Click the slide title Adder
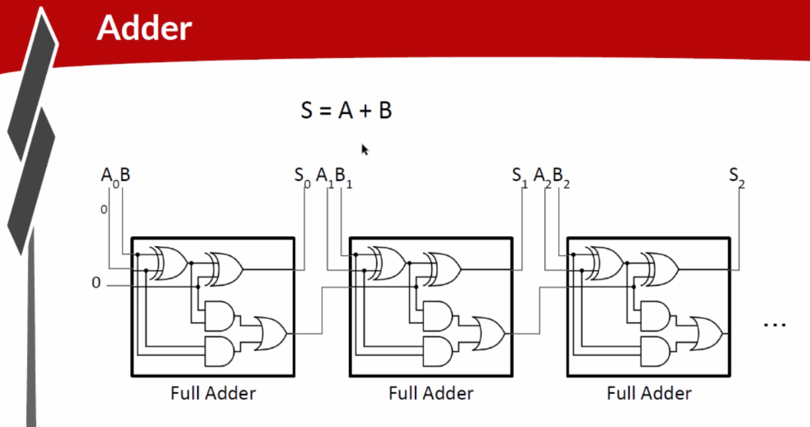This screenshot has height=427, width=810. click(x=144, y=28)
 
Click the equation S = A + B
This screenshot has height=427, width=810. click(x=346, y=110)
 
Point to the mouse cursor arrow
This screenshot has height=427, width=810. click(x=365, y=149)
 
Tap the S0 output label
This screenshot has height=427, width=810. click(x=302, y=178)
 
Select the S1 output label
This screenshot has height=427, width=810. click(x=520, y=178)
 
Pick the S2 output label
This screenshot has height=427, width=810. click(x=737, y=178)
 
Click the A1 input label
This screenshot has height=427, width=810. click(x=325, y=178)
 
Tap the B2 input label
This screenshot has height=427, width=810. click(x=561, y=178)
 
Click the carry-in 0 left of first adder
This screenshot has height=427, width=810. click(x=96, y=282)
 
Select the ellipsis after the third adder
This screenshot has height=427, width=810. click(x=774, y=325)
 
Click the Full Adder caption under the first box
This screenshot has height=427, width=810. click(x=213, y=393)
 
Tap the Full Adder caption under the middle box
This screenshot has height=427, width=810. click(x=431, y=393)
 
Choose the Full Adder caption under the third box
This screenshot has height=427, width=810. click(x=649, y=393)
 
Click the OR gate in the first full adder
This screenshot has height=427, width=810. click(x=270, y=333)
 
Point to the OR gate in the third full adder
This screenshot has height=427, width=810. click(x=706, y=333)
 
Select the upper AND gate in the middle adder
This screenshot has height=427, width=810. click(x=437, y=316)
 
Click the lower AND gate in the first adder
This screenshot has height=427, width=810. click(x=220, y=351)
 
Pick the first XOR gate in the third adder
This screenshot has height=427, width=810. click(x=604, y=263)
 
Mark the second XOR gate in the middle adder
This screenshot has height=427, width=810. click(x=442, y=269)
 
